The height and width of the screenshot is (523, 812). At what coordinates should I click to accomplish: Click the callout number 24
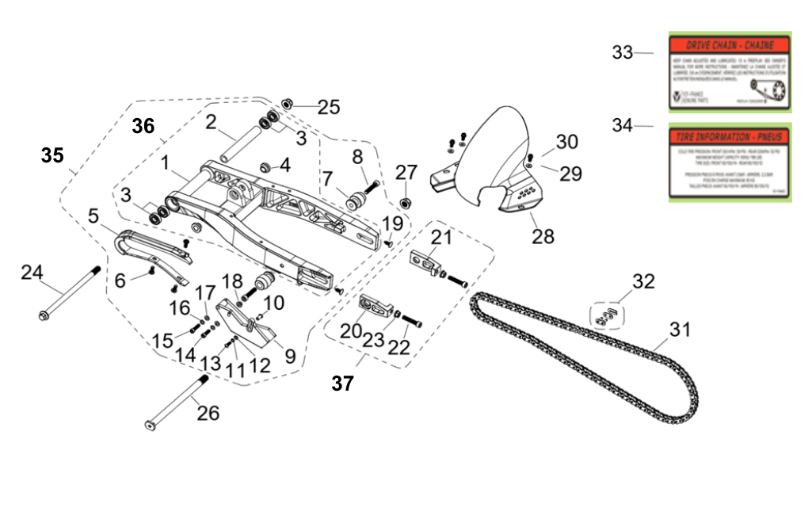coord(32,273)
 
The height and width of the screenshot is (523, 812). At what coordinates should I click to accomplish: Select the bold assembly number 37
coord(342,384)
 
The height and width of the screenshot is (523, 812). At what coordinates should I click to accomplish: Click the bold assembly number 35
coord(52,155)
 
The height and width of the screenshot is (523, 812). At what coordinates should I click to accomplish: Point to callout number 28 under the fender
coord(543,236)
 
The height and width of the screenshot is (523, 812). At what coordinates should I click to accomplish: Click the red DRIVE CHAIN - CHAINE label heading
coord(728,46)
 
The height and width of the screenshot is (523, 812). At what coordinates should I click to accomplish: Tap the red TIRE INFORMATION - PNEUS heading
coord(728,136)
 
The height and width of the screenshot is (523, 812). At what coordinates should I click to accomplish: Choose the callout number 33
coord(623,53)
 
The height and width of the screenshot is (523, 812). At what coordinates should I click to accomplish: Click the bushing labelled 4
coord(266,166)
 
